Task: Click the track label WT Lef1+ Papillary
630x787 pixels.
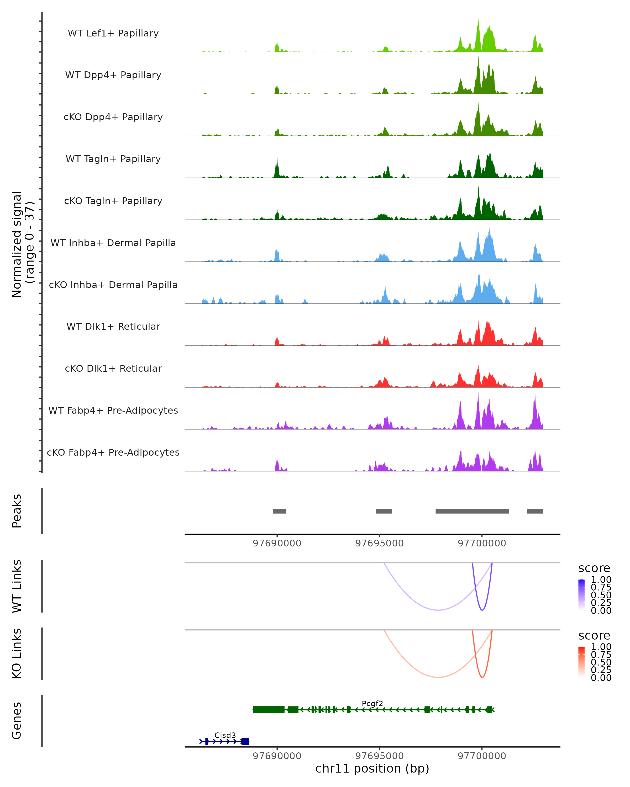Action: pyautogui.click(x=113, y=33)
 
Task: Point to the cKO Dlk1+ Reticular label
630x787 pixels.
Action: pyautogui.click(x=113, y=368)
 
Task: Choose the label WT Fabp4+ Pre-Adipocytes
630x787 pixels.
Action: pyautogui.click(x=113, y=410)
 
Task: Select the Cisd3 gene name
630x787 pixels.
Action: pyautogui.click(x=225, y=735)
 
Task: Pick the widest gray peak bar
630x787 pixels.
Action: pyautogui.click(x=472, y=511)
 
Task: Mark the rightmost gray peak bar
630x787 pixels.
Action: pyautogui.click(x=535, y=511)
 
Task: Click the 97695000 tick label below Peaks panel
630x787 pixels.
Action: pyautogui.click(x=380, y=543)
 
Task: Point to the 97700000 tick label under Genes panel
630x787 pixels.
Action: pyautogui.click(x=482, y=756)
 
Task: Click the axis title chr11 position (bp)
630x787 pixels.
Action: pyautogui.click(x=372, y=768)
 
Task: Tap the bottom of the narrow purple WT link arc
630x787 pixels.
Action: pyautogui.click(x=482, y=610)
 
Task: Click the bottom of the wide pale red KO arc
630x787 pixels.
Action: pyautogui.click(x=438, y=677)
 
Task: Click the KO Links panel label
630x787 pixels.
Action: pyautogui.click(x=17, y=653)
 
